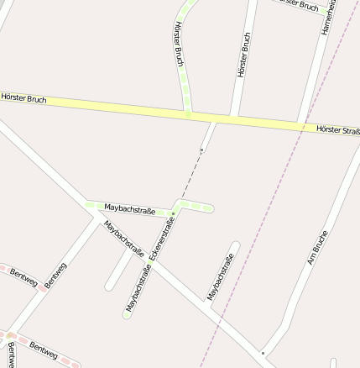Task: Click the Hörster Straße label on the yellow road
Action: pyautogui.click(x=337, y=130)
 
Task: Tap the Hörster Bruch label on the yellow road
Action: pyautogui.click(x=23, y=99)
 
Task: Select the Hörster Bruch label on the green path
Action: pyautogui.click(x=179, y=45)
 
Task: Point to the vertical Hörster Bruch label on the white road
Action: pyautogui.click(x=244, y=55)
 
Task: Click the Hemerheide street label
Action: pyautogui.click(x=328, y=17)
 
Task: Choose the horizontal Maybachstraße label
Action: pyautogui.click(x=129, y=208)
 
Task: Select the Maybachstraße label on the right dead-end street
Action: pyautogui.click(x=220, y=276)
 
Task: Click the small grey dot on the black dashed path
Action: pyautogui.click(x=201, y=150)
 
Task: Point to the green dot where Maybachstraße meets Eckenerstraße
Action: pyautogui.click(x=174, y=213)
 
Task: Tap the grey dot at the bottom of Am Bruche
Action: pyautogui.click(x=263, y=352)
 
